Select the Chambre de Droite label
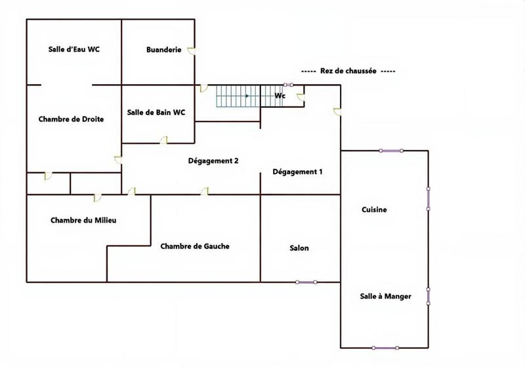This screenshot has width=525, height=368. (x=70, y=119)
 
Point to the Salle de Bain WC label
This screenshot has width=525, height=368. (x=156, y=112)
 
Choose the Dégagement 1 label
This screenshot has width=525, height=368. (x=297, y=172)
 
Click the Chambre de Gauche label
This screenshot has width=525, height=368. (x=195, y=246)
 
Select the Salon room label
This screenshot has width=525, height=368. (x=299, y=248)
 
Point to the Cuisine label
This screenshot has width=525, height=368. (x=374, y=210)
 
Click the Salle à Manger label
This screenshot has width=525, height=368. (x=385, y=296)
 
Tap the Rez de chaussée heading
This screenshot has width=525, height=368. (x=348, y=71)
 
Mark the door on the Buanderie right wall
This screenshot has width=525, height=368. (x=192, y=50)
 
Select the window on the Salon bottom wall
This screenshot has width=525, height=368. (x=306, y=282)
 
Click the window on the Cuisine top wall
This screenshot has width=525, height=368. (x=391, y=151)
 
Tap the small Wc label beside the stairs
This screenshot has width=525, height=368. (x=280, y=96)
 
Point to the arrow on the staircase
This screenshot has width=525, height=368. (x=247, y=96)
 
